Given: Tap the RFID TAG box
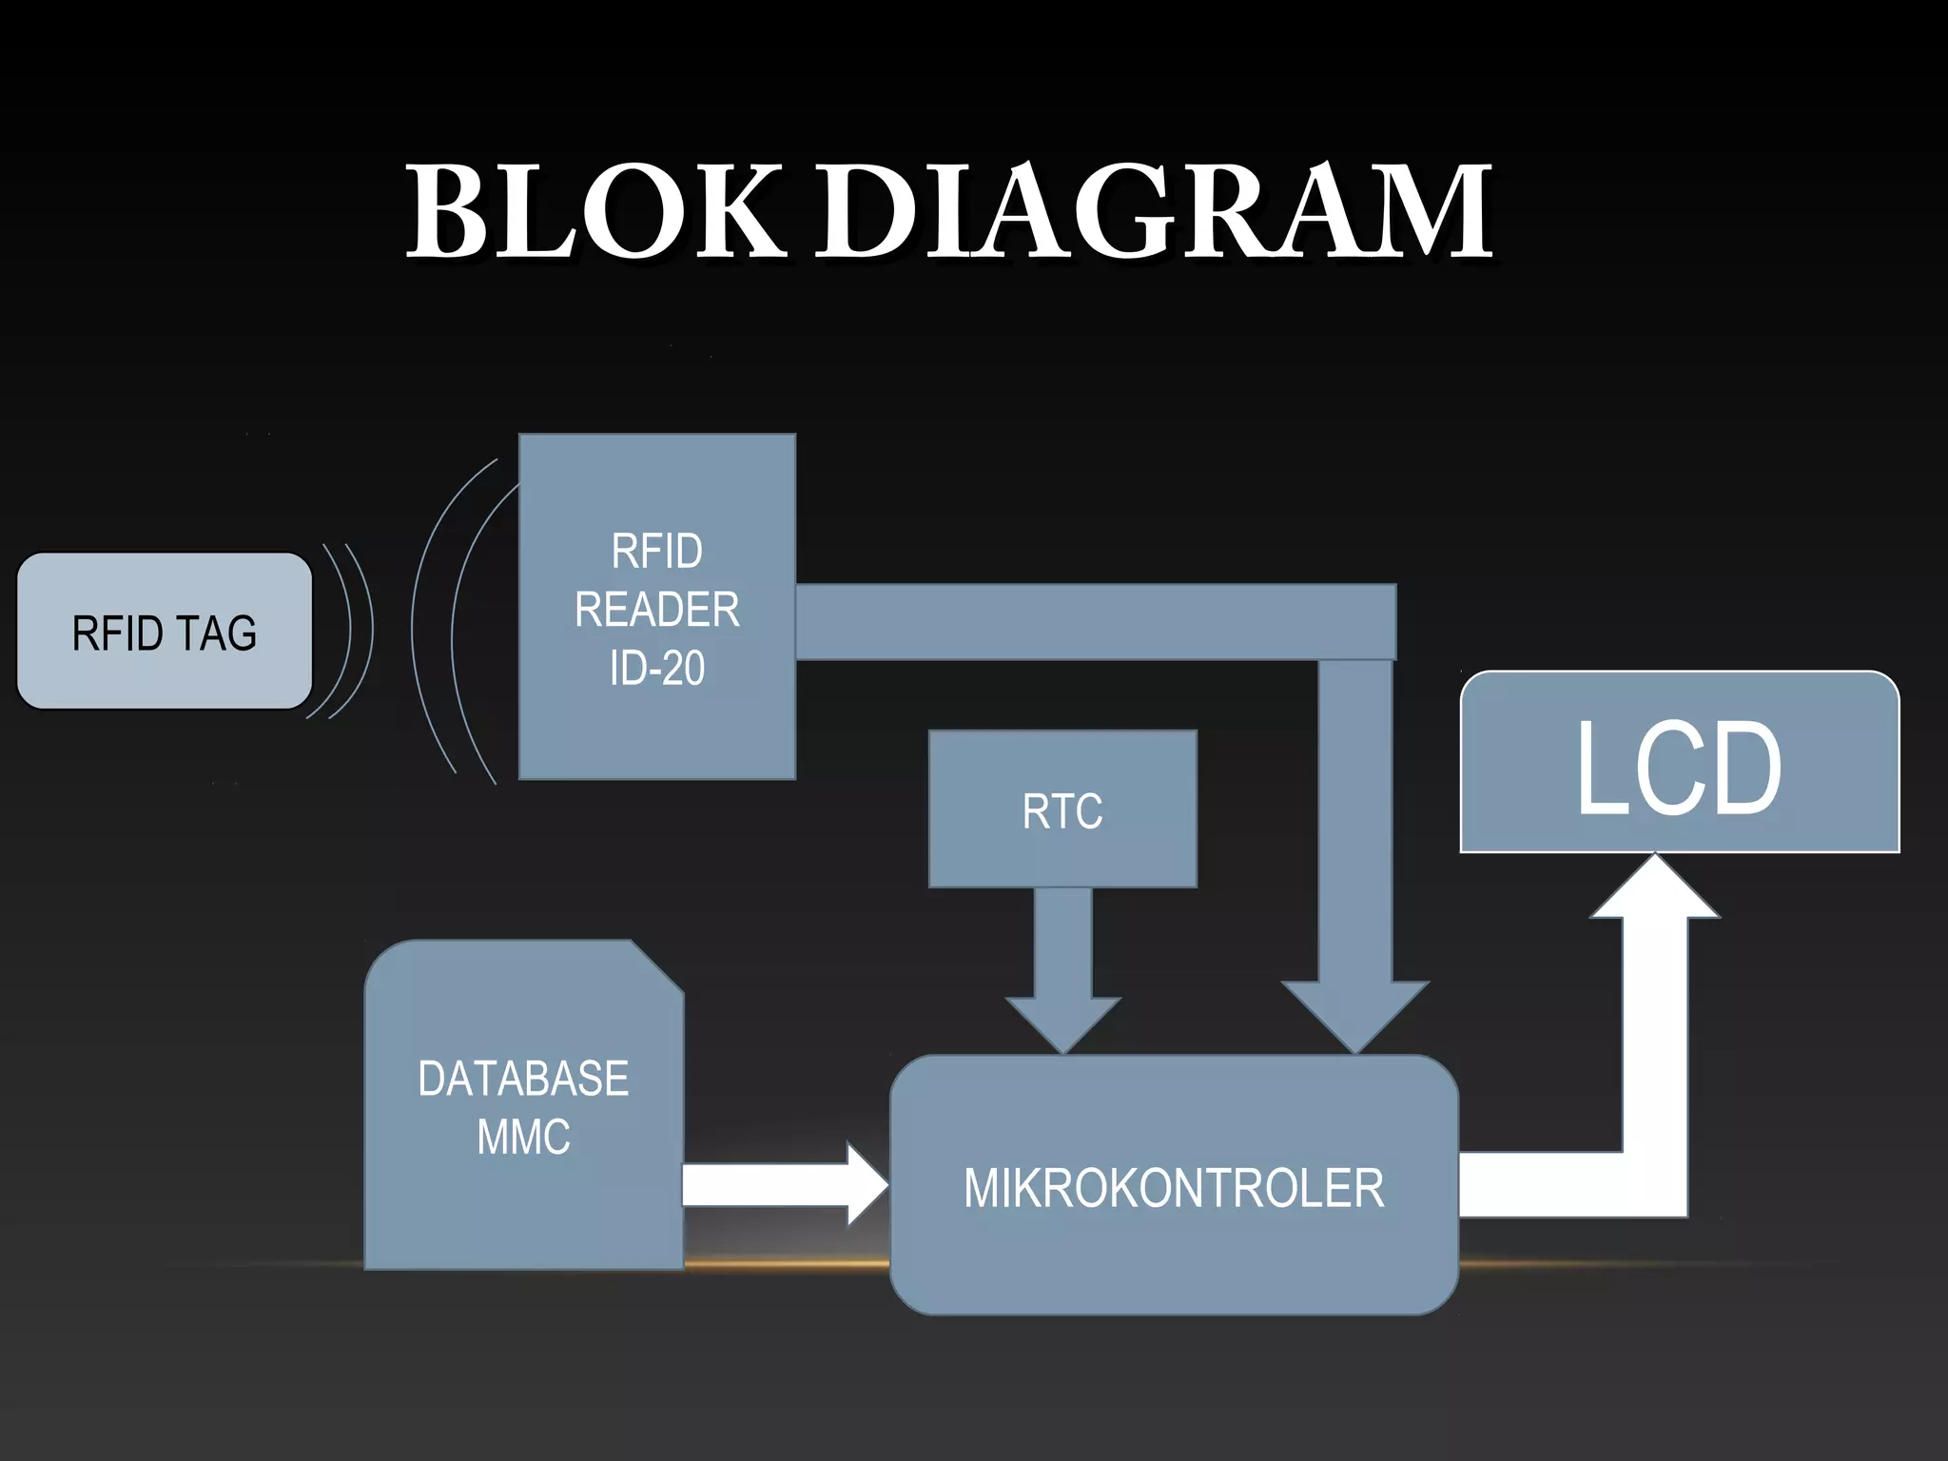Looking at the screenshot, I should point(164,632).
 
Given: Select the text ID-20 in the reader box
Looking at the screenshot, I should point(657,669).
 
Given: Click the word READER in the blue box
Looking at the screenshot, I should point(657,610).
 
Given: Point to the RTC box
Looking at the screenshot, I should point(1062,809).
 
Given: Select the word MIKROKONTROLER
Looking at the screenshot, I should point(1174,1188).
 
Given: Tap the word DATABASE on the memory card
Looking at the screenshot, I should point(523,1079).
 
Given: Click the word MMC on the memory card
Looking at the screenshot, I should point(523,1137).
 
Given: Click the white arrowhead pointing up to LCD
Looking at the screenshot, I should point(1655,889).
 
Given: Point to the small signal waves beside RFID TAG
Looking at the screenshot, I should point(347,630).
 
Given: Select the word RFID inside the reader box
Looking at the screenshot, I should point(657,552).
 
